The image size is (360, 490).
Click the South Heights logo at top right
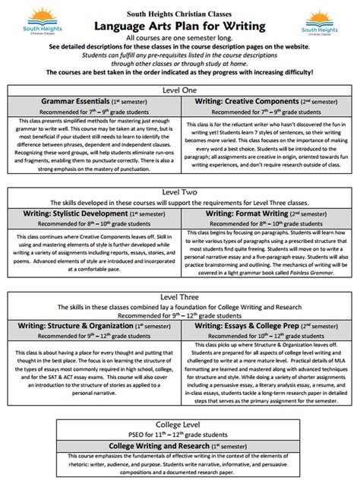[324, 24]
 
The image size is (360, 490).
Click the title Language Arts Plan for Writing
[179, 27]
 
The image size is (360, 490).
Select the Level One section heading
[179, 89]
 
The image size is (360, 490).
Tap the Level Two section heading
[179, 193]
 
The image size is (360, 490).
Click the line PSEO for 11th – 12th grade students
[179, 434]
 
